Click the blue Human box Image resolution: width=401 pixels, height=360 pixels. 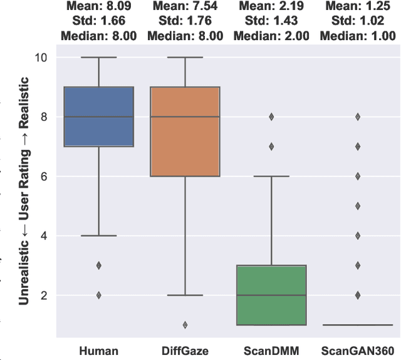click(99, 117)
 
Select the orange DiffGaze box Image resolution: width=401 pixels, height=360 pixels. click(185, 131)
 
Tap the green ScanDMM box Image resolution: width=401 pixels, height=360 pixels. click(271, 295)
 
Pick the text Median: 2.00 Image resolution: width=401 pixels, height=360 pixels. click(271, 36)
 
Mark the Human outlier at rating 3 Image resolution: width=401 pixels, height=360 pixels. click(99, 265)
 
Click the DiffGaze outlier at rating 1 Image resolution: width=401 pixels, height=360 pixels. click(185, 325)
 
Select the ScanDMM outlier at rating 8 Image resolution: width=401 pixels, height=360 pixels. click(271, 117)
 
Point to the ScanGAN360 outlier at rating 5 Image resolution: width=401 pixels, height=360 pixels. click(358, 206)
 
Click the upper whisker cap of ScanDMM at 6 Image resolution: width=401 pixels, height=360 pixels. click(271, 176)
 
